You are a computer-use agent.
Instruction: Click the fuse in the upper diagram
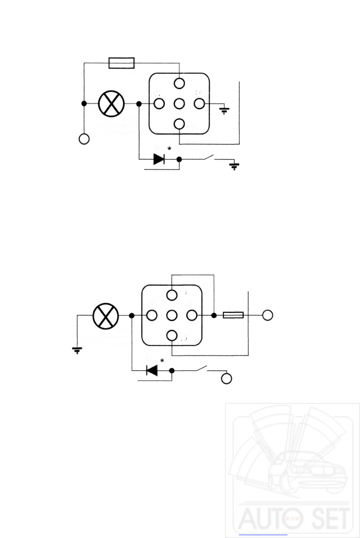(x=120, y=62)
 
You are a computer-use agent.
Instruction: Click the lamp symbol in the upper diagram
(x=111, y=104)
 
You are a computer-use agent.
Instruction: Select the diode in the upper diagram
(x=159, y=159)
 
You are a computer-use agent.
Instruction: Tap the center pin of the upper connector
(x=179, y=104)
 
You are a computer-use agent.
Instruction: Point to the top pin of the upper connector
(x=179, y=83)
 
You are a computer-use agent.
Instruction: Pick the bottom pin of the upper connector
(x=179, y=124)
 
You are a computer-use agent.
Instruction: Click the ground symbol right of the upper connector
(x=224, y=110)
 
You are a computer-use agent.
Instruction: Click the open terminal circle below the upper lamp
(x=84, y=138)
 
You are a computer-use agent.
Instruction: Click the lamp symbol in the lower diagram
(x=106, y=315)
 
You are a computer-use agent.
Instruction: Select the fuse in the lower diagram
(x=233, y=315)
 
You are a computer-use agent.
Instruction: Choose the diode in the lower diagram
(x=151, y=370)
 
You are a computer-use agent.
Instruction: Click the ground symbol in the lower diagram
(x=77, y=350)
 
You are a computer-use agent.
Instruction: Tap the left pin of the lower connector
(x=152, y=315)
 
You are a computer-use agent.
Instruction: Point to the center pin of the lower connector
(x=172, y=315)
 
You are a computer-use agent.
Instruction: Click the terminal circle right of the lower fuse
(x=268, y=315)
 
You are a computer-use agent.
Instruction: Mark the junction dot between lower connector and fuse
(x=214, y=315)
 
